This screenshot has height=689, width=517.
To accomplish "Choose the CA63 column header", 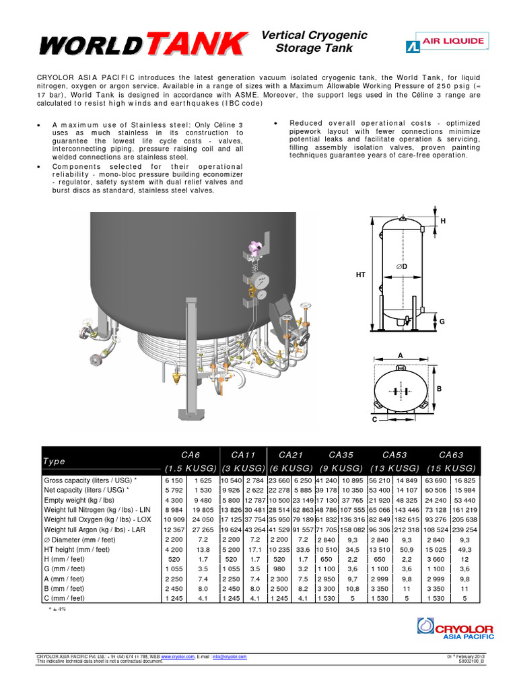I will pyautogui.click(x=451, y=455).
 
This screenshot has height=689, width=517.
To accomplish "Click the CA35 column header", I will pyautogui.click(x=343, y=455).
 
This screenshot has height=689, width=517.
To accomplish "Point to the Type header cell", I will pyautogui.click(x=55, y=462).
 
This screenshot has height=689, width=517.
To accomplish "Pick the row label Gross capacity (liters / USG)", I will pyautogui.click(x=90, y=480).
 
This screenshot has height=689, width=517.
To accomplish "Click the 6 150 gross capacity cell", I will pyautogui.click(x=173, y=480).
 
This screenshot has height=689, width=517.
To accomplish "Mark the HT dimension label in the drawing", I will pyautogui.click(x=360, y=275).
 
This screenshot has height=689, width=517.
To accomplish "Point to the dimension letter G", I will pyautogui.click(x=442, y=322).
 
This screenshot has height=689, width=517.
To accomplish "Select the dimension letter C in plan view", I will pyautogui.click(x=374, y=419).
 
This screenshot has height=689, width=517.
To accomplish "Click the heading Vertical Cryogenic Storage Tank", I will pyautogui.click(x=314, y=41).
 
